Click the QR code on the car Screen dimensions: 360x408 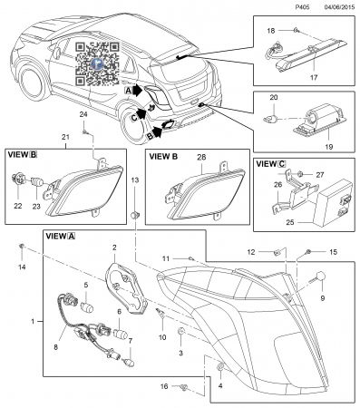97,63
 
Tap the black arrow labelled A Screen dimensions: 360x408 138,90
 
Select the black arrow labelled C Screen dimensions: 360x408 141,114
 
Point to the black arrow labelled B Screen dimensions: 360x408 158,131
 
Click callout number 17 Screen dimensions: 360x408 314,77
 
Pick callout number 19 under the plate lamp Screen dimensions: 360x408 328,147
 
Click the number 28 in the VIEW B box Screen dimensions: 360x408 201,157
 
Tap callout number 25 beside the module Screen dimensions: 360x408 290,222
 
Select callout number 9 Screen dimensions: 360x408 323,298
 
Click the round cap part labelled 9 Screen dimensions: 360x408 320,276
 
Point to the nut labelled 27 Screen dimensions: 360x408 301,174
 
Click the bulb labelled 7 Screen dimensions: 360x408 130,361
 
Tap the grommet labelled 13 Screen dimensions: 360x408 134,215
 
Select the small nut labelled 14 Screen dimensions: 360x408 22,246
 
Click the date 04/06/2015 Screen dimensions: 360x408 339,7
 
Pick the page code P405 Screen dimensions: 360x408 302,7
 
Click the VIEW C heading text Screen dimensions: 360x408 270,164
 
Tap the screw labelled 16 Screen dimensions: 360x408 184,387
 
